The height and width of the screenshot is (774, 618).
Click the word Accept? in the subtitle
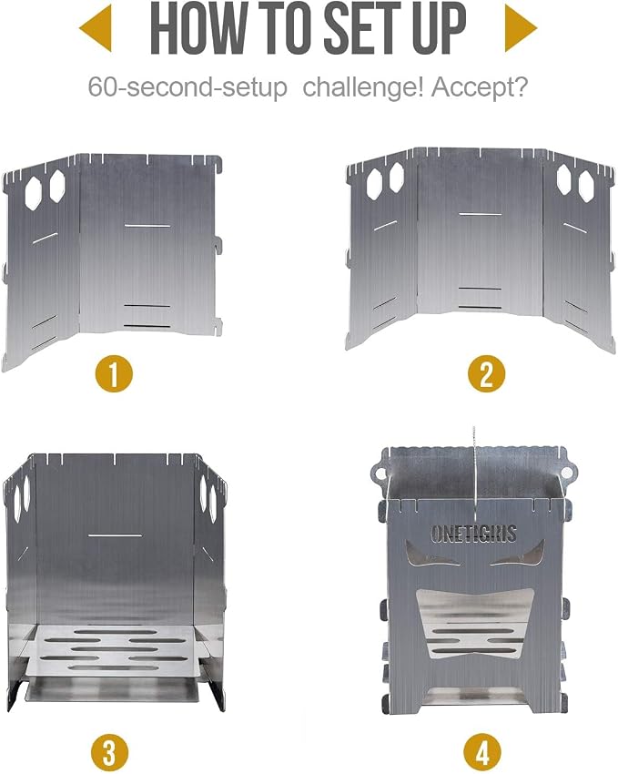480,87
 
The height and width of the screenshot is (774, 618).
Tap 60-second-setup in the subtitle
187,87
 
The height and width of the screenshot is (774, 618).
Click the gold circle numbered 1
114,373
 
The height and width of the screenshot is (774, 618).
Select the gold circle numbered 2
486,373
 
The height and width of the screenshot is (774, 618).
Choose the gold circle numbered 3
109,753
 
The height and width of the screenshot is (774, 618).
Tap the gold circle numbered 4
482,753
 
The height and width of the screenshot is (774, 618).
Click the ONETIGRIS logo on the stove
473,534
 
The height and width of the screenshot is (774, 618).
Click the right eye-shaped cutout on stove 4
519,554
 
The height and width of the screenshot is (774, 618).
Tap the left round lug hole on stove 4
380,474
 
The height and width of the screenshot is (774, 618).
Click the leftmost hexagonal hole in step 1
33,192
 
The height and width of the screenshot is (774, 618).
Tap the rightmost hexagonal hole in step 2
586,186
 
